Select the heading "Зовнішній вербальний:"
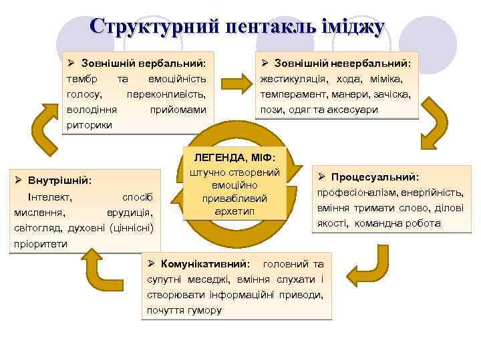(x=143, y=64)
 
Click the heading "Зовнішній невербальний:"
(x=341, y=64)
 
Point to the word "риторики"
(x=90, y=125)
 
